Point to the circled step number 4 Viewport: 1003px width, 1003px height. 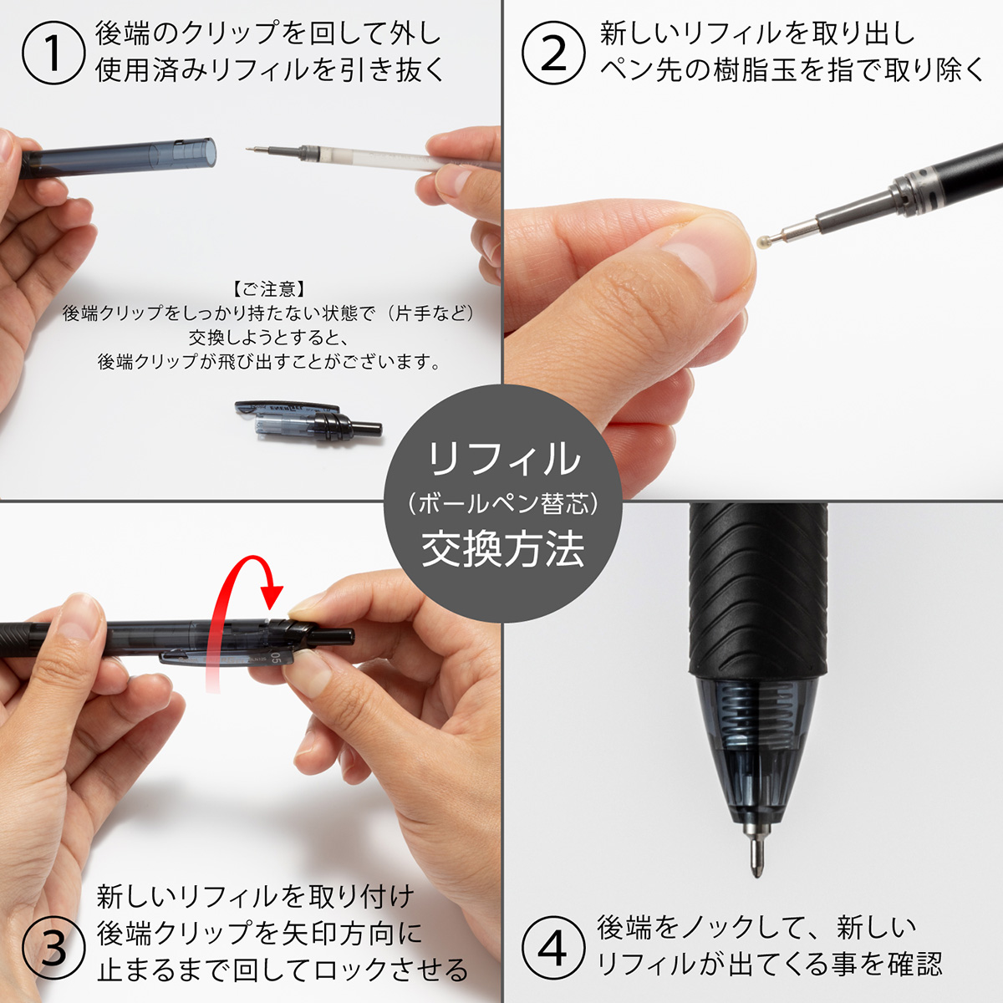pyautogui.click(x=552, y=948)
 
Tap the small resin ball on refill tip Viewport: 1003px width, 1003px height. pyautogui.click(x=762, y=242)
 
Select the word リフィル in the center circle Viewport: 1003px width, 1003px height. pyautogui.click(x=502, y=459)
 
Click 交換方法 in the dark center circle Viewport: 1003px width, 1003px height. pyautogui.click(x=502, y=549)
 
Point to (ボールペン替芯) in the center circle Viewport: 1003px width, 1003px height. pyautogui.click(x=502, y=504)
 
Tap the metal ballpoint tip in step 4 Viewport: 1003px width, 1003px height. pyautogui.click(x=756, y=848)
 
